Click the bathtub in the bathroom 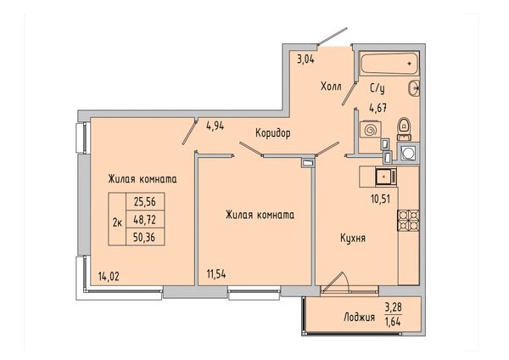click(x=389, y=64)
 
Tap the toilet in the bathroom click(x=404, y=129)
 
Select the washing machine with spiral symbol click(x=370, y=130)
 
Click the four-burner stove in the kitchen click(x=408, y=221)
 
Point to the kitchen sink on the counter click(x=386, y=177)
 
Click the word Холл click(x=331, y=87)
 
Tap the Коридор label click(x=272, y=133)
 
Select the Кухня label click(x=353, y=238)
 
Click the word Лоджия click(x=360, y=318)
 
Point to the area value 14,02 click(x=109, y=277)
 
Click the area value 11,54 click(x=216, y=274)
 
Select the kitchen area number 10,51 click(x=380, y=199)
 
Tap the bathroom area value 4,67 click(x=378, y=108)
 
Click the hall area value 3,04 click(x=305, y=59)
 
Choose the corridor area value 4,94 click(x=215, y=126)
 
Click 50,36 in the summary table click(x=144, y=238)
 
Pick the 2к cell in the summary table click(x=117, y=222)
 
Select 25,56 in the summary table click(x=145, y=202)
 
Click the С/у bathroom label click(x=378, y=88)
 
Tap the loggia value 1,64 click(x=393, y=322)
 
